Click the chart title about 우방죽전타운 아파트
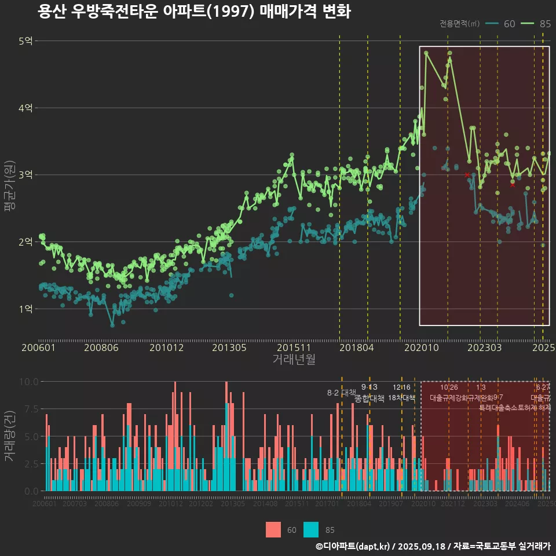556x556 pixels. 194,12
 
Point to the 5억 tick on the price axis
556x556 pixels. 26,41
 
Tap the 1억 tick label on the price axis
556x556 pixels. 26,309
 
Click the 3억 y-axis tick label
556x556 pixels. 26,175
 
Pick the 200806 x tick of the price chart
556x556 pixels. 101,348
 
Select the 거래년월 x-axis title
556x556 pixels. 294,360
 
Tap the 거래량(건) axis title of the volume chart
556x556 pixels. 9,436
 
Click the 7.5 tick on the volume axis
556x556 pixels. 30,409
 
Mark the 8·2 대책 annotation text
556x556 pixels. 342,393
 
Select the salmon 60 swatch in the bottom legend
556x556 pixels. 273,529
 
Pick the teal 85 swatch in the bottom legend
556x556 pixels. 311,529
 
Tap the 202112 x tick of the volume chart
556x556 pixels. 453,504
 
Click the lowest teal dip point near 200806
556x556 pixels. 112,325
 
